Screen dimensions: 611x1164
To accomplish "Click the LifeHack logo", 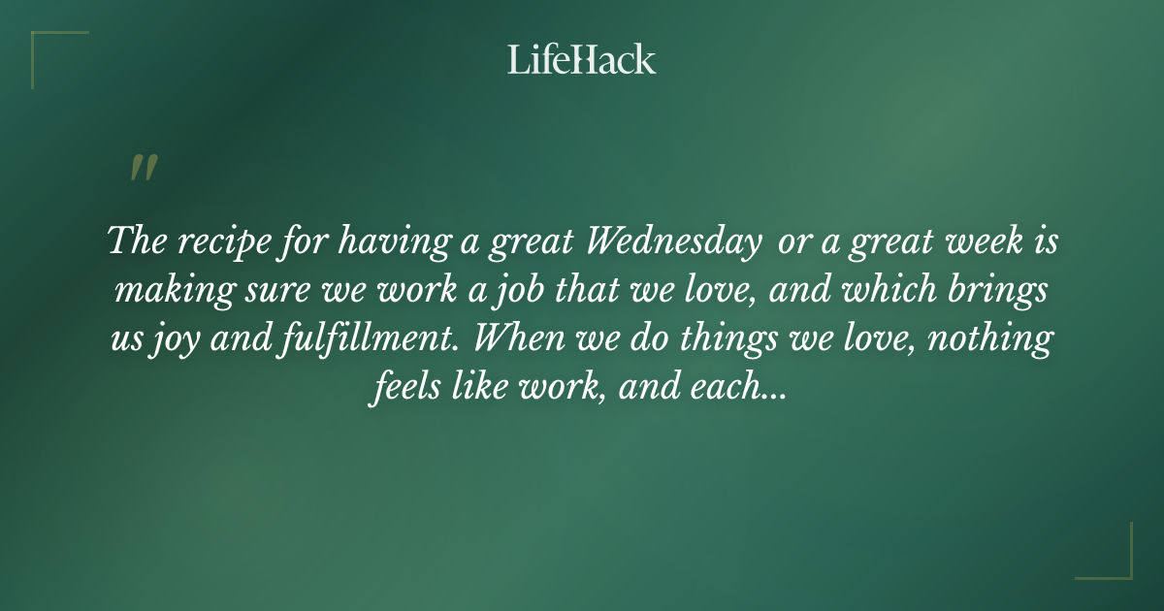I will [582, 60].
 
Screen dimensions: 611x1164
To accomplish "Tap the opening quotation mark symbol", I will [143, 169].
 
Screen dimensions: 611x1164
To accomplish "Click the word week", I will [974, 241].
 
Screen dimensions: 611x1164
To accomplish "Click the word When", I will [533, 341].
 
